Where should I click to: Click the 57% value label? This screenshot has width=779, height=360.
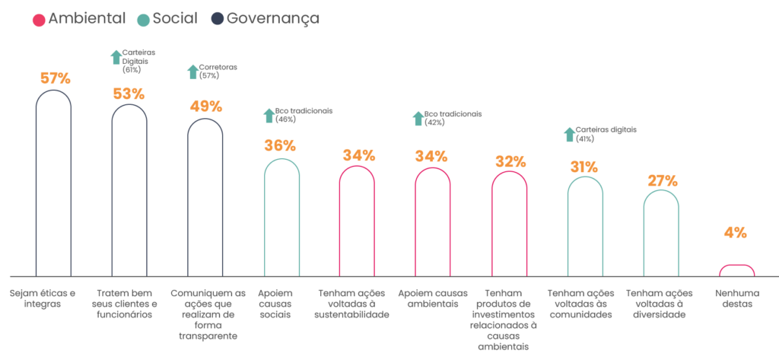pyautogui.click(x=54, y=78)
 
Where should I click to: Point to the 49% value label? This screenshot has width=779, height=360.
pyautogui.click(x=205, y=107)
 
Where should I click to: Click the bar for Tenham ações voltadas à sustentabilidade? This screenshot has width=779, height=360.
pyautogui.click(x=358, y=221)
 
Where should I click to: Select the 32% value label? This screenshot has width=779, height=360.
pyautogui.click(x=510, y=161)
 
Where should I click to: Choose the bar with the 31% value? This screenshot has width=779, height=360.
pyautogui.click(x=585, y=225)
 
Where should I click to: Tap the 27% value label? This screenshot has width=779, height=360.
pyautogui.click(x=661, y=180)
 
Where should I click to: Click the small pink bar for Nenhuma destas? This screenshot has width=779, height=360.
pyautogui.click(x=736, y=270)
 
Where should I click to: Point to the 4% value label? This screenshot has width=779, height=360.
pyautogui.click(x=735, y=233)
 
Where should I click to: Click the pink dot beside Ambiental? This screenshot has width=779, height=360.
pyautogui.click(x=38, y=19)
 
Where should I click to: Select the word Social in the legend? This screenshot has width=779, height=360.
pyautogui.click(x=175, y=18)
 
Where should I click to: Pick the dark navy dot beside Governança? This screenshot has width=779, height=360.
pyautogui.click(x=216, y=19)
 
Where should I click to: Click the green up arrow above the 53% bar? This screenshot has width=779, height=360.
pyautogui.click(x=116, y=58)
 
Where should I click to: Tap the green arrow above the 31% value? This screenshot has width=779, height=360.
pyautogui.click(x=569, y=135)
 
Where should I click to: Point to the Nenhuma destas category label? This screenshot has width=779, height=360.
pyautogui.click(x=733, y=298)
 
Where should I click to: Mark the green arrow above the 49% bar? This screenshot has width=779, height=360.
pyautogui.click(x=192, y=72)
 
